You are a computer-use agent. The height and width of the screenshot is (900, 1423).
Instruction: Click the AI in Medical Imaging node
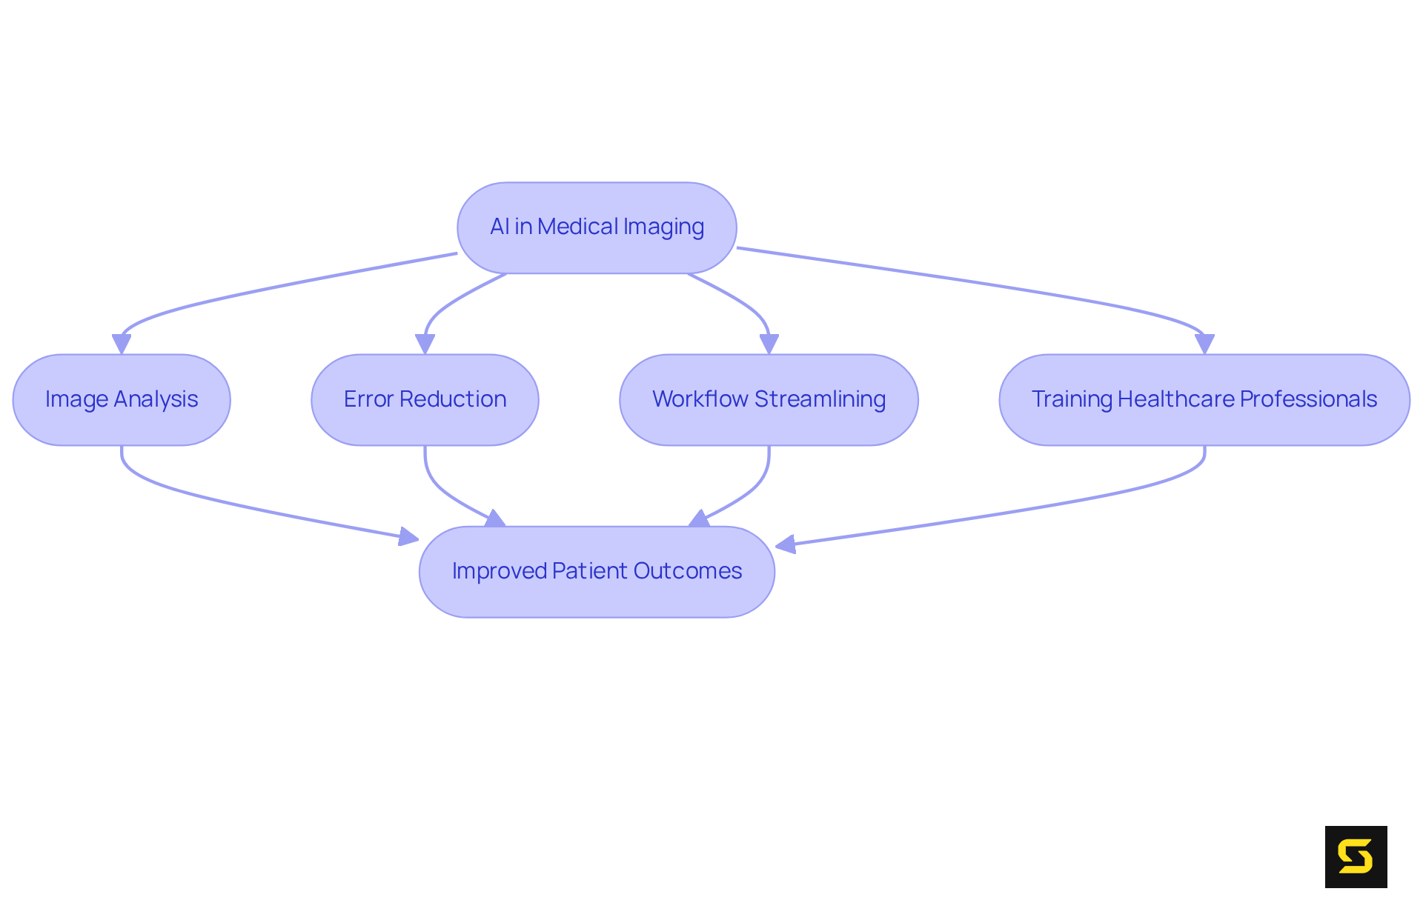(597, 227)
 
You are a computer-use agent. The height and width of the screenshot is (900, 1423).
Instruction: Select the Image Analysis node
(122, 399)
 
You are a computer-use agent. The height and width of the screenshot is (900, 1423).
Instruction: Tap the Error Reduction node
(425, 399)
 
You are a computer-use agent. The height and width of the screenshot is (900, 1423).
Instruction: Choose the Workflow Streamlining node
(769, 399)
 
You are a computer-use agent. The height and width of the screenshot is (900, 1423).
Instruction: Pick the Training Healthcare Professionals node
(1204, 399)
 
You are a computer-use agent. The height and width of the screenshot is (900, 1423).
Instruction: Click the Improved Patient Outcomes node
(597, 571)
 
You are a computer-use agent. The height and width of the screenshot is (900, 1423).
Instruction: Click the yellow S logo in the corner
(1356, 856)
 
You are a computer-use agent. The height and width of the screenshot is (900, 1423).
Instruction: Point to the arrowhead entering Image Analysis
(122, 344)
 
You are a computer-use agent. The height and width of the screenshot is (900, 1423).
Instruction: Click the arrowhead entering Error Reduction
(425, 344)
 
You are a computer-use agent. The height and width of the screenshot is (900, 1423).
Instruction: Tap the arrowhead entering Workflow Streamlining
(769, 344)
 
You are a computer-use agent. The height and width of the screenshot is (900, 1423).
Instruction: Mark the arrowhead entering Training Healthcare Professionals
(1204, 344)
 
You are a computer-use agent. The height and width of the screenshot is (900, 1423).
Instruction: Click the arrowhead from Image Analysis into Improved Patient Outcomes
(408, 536)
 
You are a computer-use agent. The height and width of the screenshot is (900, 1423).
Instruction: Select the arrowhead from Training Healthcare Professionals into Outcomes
(786, 545)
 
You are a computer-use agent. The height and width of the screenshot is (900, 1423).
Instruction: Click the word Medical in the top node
(577, 227)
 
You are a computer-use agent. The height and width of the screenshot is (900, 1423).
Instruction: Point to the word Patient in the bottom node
(590, 571)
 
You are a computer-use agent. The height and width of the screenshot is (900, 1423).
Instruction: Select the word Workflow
(700, 399)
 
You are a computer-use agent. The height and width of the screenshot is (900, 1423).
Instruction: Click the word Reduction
(453, 399)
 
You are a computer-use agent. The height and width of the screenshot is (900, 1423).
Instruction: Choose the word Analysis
(156, 399)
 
